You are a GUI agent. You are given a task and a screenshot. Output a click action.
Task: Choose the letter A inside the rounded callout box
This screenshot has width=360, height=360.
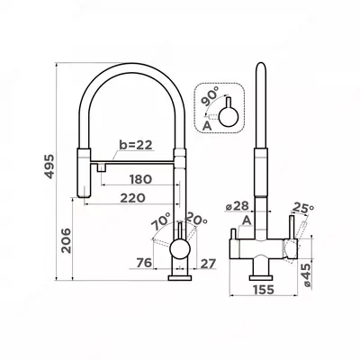click(x=209, y=127)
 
